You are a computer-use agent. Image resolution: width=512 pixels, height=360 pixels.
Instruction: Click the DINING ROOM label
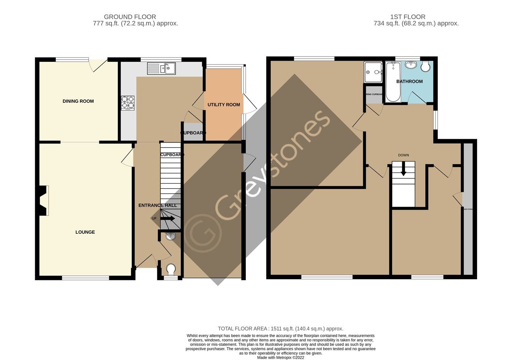[78, 101]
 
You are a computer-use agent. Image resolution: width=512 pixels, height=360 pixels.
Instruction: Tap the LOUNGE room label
[85, 232]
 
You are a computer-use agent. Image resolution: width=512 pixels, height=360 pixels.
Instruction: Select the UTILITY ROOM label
[224, 105]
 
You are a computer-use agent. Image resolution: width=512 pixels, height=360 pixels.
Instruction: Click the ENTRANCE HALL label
[157, 206]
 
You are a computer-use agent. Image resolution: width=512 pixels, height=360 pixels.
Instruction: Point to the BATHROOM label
[409, 82]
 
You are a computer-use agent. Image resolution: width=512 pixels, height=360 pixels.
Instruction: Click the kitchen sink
[161, 68]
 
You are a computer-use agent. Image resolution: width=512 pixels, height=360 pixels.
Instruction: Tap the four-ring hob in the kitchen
[128, 103]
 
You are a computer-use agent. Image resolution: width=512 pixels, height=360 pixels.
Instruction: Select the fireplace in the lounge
[43, 200]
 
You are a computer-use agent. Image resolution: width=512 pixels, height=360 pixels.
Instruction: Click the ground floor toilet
[171, 270]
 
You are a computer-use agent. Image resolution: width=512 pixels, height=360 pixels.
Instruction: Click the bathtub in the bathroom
[393, 82]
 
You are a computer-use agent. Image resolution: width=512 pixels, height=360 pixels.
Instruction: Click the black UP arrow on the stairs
[167, 219]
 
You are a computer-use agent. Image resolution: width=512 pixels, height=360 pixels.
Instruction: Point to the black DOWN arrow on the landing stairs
[403, 169]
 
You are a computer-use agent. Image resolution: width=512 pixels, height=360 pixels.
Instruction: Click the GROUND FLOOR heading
[130, 17]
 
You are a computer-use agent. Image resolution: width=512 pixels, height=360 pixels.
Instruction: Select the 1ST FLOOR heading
[408, 17]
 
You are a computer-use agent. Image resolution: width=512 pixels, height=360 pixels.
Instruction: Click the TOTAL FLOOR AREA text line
[280, 329]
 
